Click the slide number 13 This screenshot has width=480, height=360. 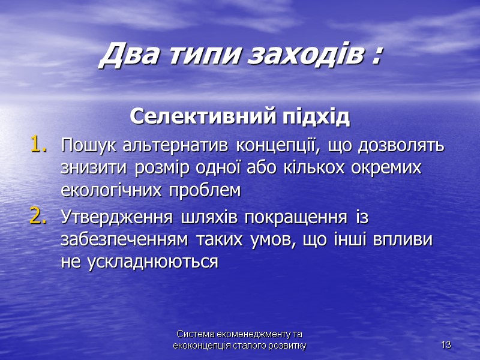click(446, 345)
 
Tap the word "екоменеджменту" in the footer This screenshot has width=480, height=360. click(259, 334)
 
